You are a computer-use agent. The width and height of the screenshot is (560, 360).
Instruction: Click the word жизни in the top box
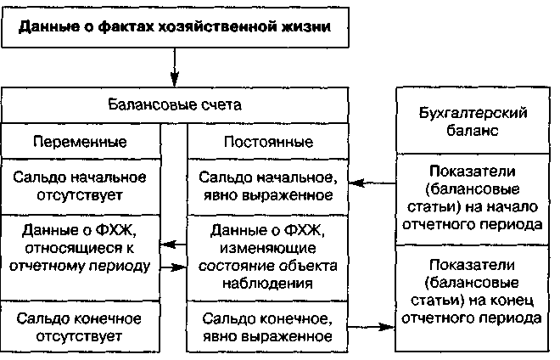[x=305, y=25]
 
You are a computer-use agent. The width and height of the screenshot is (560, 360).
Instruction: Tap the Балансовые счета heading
[x=176, y=105]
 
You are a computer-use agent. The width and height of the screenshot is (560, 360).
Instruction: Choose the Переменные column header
[x=81, y=140]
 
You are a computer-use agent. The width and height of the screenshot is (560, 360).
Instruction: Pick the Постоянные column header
[x=267, y=140]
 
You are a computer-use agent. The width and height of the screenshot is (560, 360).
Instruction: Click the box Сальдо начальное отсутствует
[x=81, y=187]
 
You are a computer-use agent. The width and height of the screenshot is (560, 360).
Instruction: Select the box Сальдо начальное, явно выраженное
[x=267, y=187]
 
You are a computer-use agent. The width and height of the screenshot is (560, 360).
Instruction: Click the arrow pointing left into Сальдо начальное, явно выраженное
[x=373, y=182]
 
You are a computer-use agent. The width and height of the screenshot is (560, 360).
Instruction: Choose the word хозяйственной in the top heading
[x=208, y=25]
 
